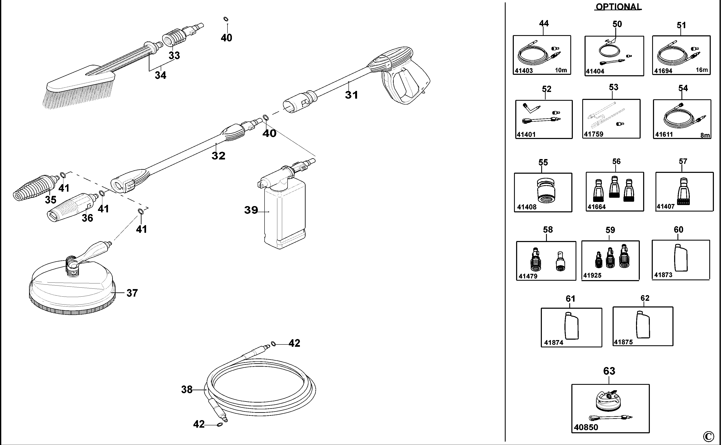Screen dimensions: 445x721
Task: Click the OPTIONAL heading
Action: tap(618, 7)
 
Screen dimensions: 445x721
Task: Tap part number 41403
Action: tap(524, 71)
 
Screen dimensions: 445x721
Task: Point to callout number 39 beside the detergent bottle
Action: tap(251, 210)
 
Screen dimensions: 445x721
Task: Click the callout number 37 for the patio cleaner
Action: tap(132, 293)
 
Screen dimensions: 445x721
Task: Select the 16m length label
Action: tap(702, 70)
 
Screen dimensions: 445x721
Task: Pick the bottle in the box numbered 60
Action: tap(681, 258)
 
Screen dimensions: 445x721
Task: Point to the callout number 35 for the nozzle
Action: tap(50, 200)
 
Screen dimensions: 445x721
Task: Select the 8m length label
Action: tap(705, 135)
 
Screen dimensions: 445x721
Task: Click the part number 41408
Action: tap(527, 207)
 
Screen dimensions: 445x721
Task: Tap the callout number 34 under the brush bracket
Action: tap(160, 75)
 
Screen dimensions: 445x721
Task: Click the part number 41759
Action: tap(593, 134)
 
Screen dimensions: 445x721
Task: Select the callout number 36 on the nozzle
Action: tap(87, 218)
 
